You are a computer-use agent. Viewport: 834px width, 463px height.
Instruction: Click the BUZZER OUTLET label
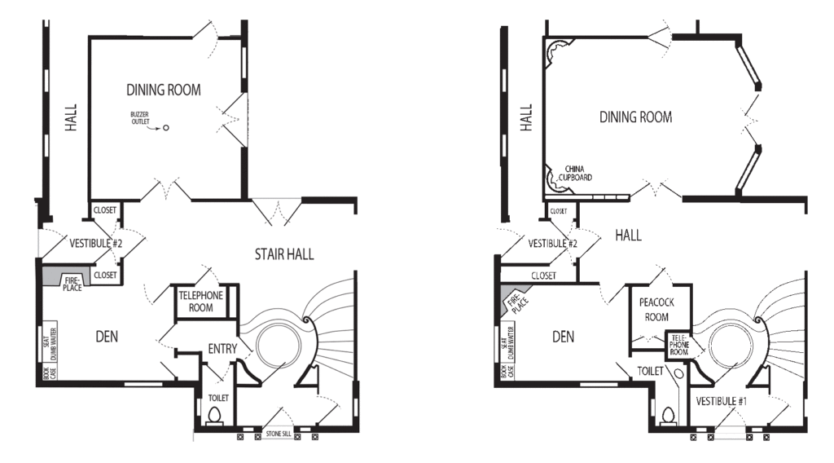click(140, 118)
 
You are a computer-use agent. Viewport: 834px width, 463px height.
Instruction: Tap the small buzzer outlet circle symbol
click(166, 128)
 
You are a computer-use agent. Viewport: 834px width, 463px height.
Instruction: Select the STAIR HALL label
click(284, 254)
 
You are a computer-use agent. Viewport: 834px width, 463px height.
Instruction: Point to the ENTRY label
click(222, 349)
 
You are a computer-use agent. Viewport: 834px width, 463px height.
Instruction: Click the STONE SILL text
click(279, 434)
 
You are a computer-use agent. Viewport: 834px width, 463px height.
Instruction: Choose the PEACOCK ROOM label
click(656, 310)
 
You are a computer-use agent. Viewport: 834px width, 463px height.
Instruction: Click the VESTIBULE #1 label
click(722, 401)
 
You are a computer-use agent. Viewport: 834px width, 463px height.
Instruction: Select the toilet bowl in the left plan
click(215, 415)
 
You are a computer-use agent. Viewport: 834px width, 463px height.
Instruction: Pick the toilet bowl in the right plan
click(668, 415)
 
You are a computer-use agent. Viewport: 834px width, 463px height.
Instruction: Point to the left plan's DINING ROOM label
click(163, 90)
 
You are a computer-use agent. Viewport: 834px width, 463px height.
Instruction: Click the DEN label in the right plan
click(563, 337)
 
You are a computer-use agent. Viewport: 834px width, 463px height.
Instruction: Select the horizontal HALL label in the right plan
click(628, 235)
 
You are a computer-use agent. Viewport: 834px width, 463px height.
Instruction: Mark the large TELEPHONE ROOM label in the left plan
click(200, 302)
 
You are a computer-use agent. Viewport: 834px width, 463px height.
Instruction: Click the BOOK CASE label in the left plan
click(50, 372)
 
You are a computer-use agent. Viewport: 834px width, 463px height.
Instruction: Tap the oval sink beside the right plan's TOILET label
click(678, 374)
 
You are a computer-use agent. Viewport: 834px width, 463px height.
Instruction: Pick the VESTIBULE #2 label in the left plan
click(96, 243)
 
